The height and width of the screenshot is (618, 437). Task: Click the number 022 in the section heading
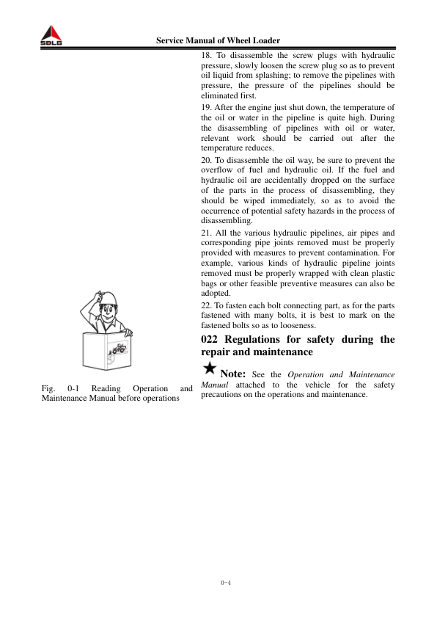[210, 339]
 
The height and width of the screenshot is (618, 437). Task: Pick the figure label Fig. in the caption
[51, 387]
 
